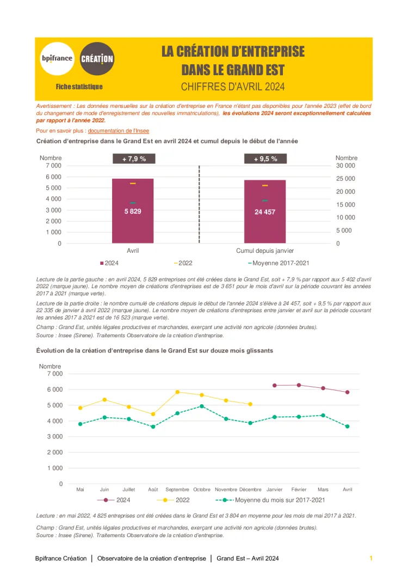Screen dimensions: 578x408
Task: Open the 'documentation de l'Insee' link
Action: [118, 131]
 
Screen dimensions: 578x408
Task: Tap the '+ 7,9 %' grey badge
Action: [134, 159]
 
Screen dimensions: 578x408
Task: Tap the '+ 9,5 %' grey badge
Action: [265, 159]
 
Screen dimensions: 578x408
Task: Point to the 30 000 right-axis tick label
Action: [345, 166]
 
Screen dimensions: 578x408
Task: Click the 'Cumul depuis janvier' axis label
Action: [265, 251]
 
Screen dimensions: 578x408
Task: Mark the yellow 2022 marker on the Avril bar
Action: [133, 184]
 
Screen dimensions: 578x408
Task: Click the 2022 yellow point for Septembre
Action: [177, 392]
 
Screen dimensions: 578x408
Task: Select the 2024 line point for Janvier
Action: [275, 385]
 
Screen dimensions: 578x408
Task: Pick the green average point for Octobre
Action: [202, 406]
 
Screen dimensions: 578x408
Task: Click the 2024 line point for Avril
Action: [347, 392]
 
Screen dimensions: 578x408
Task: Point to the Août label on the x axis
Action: [153, 489]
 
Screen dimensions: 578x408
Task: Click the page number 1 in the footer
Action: [371, 558]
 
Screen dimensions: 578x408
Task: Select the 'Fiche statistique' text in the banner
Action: [79, 87]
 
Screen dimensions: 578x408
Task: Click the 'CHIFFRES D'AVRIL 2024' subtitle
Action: [233, 87]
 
